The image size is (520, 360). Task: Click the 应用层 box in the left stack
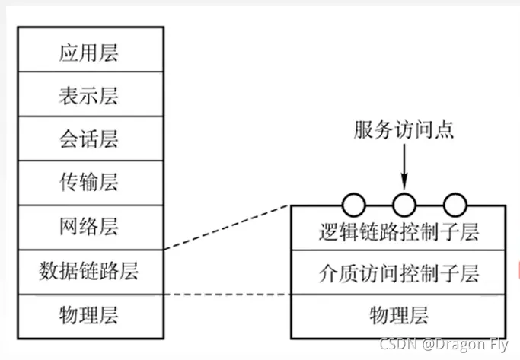coord(89,53)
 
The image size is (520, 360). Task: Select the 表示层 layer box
coord(89,96)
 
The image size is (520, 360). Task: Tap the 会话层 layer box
coord(89,139)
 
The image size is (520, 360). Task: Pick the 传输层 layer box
coord(89,183)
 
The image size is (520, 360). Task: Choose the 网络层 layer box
coord(89,226)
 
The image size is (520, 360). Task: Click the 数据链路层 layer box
coord(89,269)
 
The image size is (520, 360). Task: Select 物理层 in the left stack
coord(89,314)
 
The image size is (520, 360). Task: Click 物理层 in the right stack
coord(398,314)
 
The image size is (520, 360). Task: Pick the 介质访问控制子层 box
coord(398,272)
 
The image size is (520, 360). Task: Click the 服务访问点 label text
coord(404,129)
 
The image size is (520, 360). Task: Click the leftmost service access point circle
coord(354,204)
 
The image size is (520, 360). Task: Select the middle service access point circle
coord(404,204)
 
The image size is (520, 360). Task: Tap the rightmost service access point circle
coord(455,204)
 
